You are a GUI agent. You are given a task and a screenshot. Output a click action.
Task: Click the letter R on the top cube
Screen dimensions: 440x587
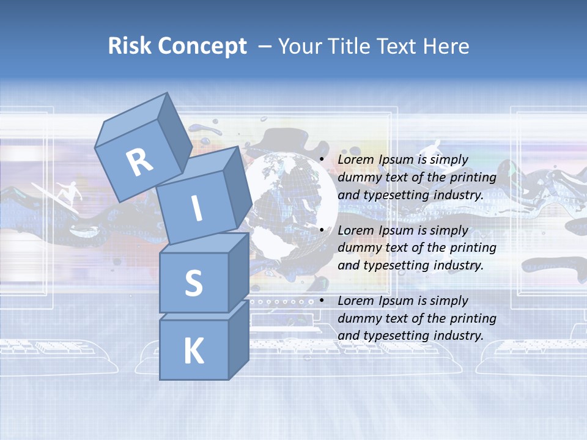(139, 163)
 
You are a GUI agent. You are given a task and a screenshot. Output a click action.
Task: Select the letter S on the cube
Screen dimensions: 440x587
(193, 283)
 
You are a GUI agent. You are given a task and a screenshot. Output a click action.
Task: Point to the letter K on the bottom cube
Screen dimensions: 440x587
(193, 351)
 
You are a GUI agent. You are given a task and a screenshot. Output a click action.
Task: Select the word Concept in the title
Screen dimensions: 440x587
(202, 46)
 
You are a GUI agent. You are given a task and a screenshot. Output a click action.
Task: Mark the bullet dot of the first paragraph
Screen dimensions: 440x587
(322, 159)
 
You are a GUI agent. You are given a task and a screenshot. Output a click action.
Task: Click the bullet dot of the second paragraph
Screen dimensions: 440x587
(322, 230)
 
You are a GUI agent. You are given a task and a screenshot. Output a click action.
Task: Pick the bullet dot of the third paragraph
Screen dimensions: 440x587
(322, 301)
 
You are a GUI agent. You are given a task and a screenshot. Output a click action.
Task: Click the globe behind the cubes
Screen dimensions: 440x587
(287, 202)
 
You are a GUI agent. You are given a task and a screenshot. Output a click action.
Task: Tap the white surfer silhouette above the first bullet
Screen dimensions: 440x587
(432, 148)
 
